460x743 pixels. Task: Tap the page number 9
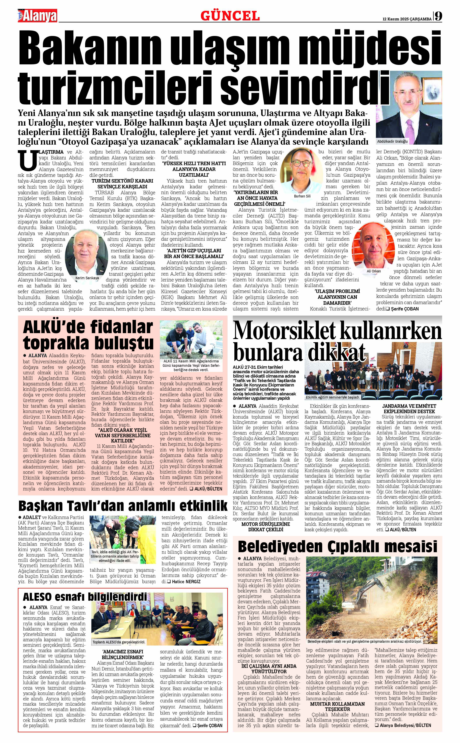[438, 16]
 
